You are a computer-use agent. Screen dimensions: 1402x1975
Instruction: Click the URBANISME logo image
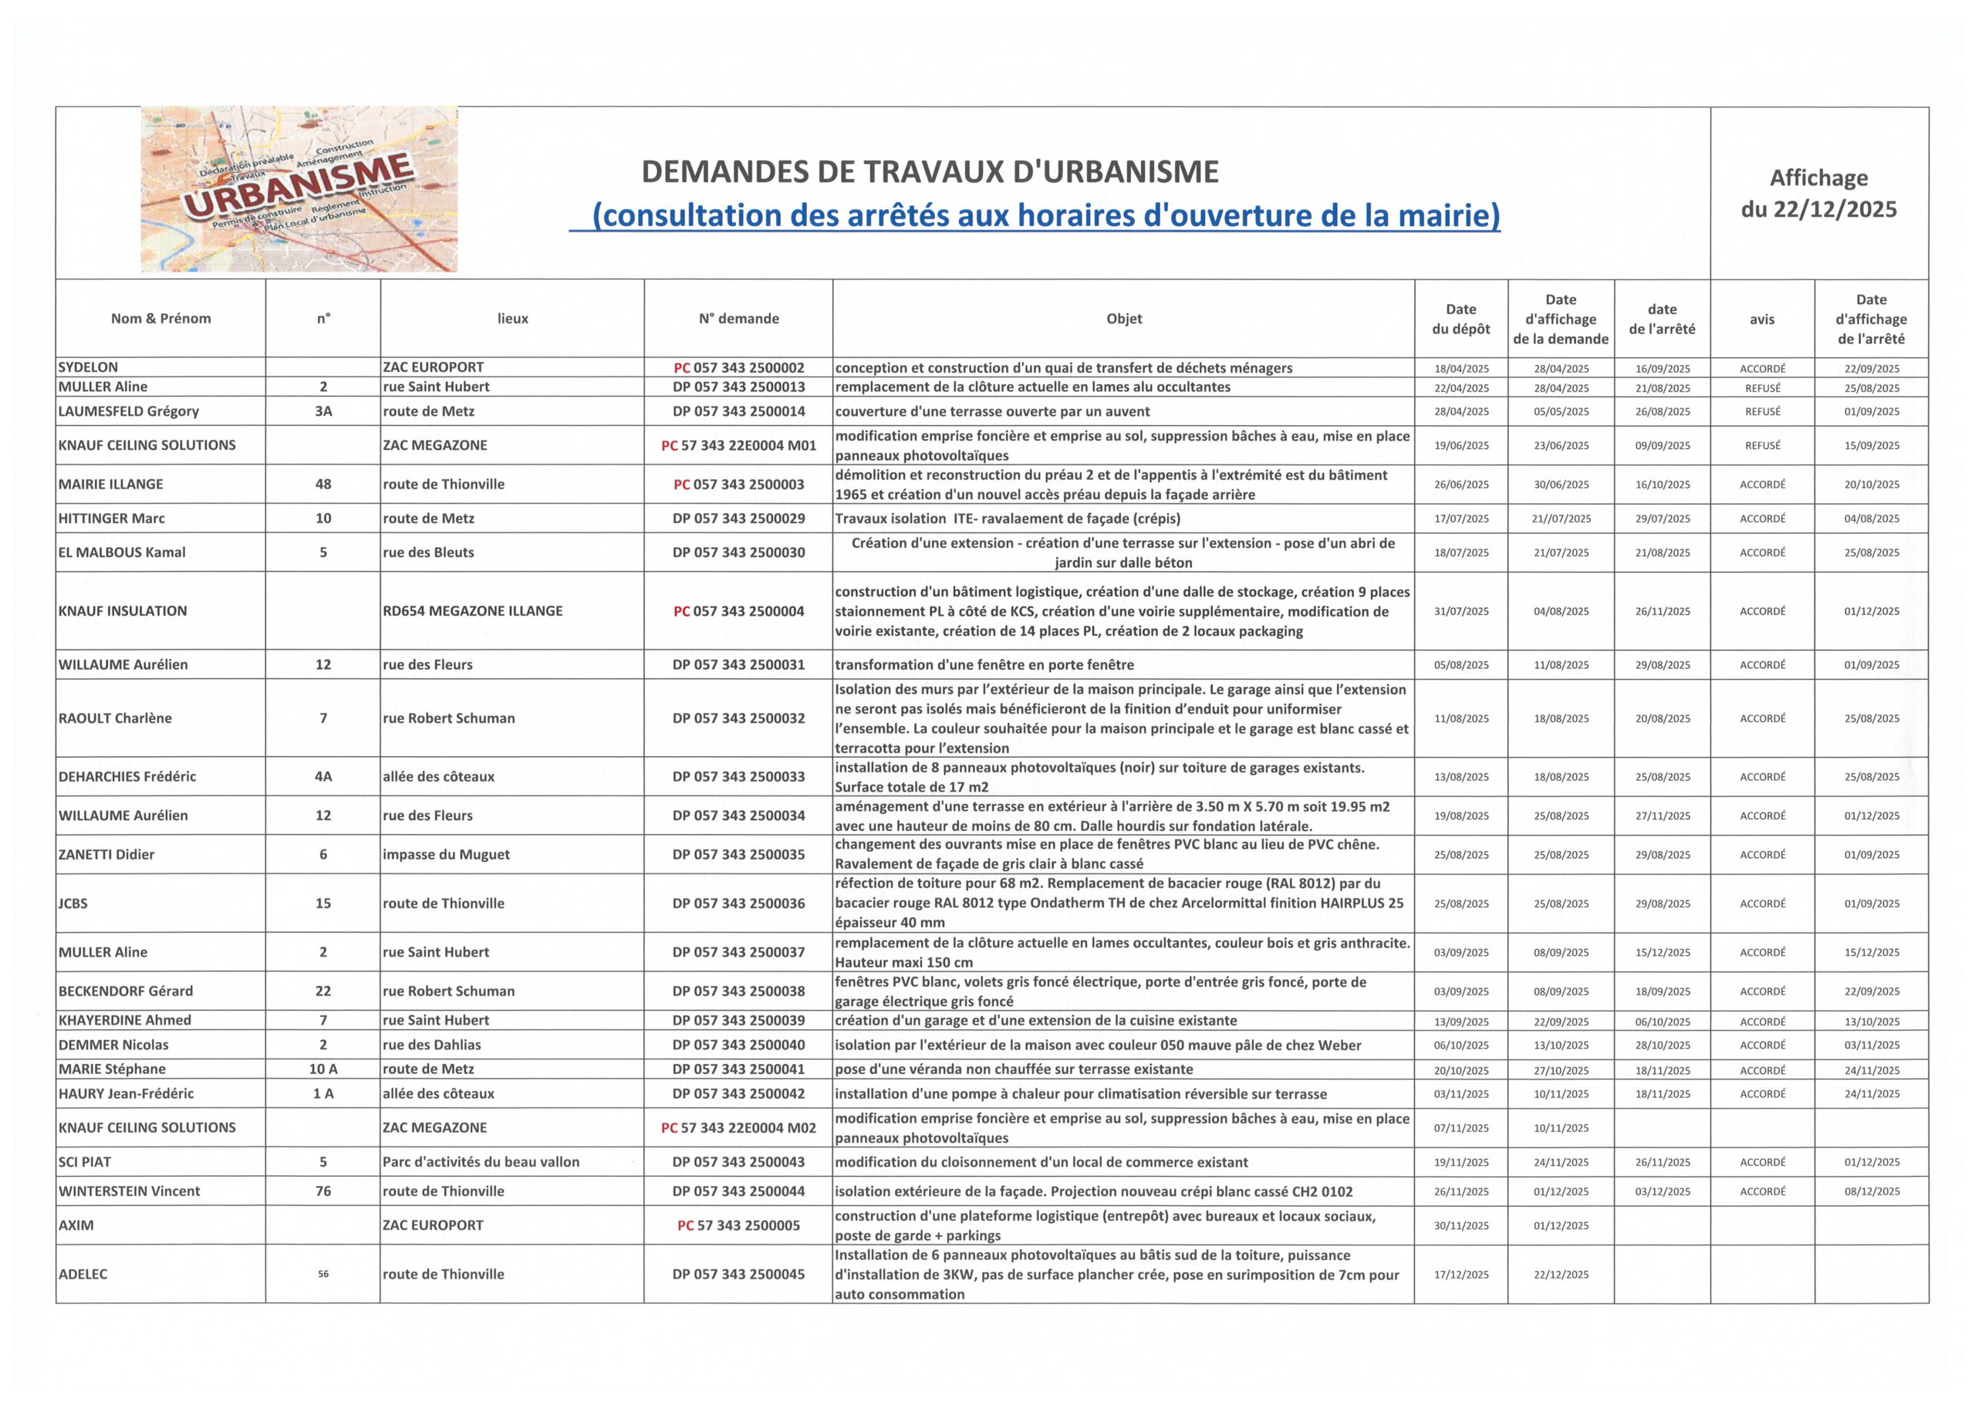click(x=299, y=189)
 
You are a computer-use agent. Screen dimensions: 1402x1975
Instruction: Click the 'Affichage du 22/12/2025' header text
click(x=1818, y=194)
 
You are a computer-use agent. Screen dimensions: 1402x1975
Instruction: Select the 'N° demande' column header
click(x=738, y=319)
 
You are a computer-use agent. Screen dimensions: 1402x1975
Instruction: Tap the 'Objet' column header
click(x=1123, y=319)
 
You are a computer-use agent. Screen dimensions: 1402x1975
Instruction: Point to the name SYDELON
click(x=88, y=367)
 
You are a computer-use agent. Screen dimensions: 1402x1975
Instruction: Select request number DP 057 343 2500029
click(x=738, y=518)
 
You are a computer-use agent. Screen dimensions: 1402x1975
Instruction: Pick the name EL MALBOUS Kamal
click(x=122, y=552)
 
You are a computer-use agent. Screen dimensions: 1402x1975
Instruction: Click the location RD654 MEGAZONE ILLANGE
click(x=472, y=610)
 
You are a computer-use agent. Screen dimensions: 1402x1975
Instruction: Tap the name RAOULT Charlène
click(x=115, y=718)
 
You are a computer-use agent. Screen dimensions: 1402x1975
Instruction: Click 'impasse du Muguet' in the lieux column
click(x=445, y=855)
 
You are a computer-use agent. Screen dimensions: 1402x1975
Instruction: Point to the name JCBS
click(x=73, y=903)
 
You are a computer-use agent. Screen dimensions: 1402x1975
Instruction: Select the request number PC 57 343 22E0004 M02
click(x=738, y=1127)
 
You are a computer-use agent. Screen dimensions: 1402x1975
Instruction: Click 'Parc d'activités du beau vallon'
click(x=481, y=1162)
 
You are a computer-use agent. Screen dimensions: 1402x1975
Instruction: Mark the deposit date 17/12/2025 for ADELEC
click(x=1460, y=1274)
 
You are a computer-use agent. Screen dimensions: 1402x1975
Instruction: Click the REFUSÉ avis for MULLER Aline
click(x=1762, y=388)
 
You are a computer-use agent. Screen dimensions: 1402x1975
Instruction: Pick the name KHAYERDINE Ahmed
click(x=124, y=1020)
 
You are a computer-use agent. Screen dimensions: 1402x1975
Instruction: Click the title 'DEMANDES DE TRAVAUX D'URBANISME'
click(x=930, y=172)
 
